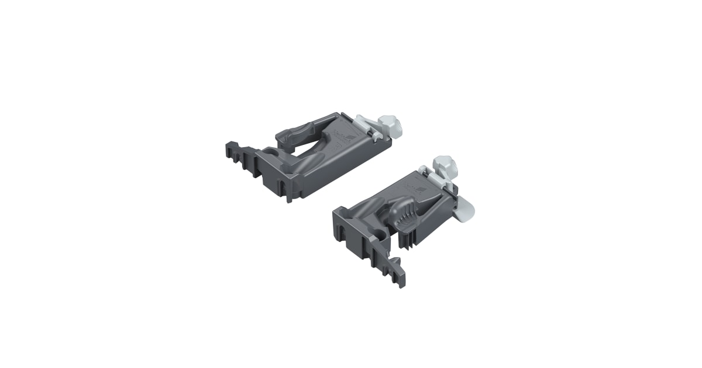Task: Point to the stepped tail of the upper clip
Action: click(x=238, y=155)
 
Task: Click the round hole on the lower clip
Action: click(x=381, y=234)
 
